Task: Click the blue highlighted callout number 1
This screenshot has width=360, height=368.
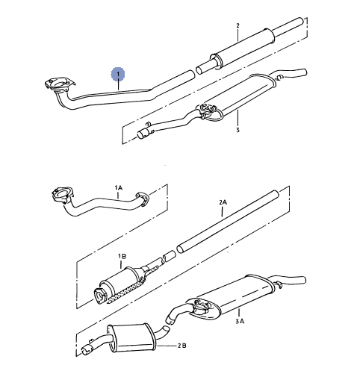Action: [118, 74]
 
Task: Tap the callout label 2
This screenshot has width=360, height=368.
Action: [238, 25]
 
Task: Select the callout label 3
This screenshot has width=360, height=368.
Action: [238, 130]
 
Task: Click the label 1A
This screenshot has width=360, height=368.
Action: [119, 188]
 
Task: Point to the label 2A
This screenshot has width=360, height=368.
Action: [223, 202]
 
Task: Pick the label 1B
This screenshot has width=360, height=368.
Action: [122, 256]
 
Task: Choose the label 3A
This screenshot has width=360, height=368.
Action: [240, 322]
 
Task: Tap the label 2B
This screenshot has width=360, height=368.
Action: [182, 346]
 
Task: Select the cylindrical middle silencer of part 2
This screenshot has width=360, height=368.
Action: [243, 49]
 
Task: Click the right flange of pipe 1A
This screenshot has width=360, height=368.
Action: [143, 199]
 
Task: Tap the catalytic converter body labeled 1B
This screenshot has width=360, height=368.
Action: [122, 281]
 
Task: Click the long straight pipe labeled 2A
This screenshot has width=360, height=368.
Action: [227, 222]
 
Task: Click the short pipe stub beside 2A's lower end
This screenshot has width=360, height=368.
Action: [169, 256]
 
